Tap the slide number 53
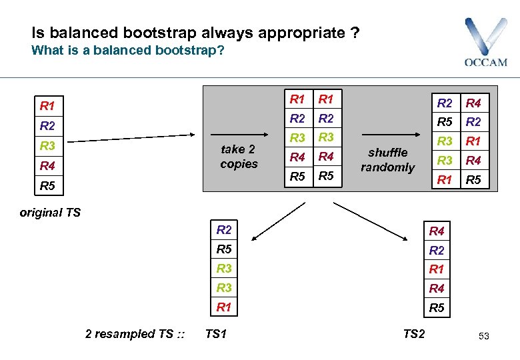click(483, 336)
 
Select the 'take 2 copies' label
click(239, 157)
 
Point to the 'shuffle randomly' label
click(387, 160)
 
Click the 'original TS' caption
click(50, 213)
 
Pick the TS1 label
click(216, 334)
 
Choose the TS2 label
click(413, 334)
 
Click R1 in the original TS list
click(47, 105)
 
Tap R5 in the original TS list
click(47, 185)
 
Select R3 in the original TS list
click(47, 145)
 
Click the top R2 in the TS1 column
click(224, 231)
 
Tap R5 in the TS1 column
click(224, 250)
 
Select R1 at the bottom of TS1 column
click(224, 307)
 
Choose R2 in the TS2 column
click(437, 251)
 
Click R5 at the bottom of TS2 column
click(437, 308)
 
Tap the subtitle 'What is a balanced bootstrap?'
click(128, 51)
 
